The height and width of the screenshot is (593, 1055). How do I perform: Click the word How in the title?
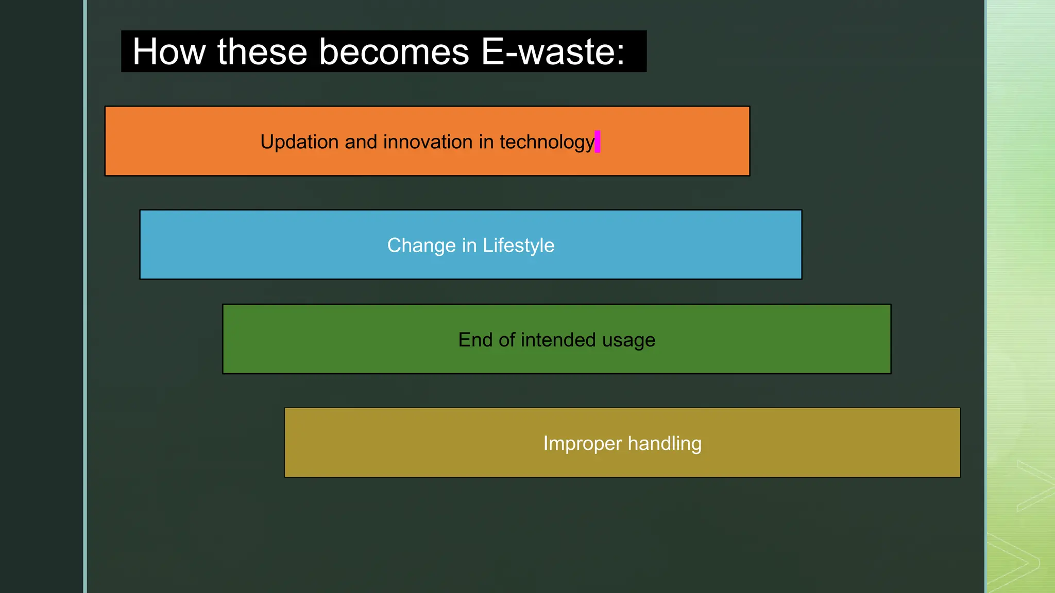(x=169, y=51)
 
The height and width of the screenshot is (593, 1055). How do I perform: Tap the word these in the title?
(x=262, y=51)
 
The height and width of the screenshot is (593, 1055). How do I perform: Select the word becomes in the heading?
(x=394, y=51)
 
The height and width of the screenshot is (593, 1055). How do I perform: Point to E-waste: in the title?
(x=553, y=51)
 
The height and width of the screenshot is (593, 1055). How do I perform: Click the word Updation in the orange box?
(x=299, y=142)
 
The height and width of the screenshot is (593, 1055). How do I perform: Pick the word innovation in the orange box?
(x=428, y=142)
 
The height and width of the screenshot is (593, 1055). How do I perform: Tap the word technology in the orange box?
(x=547, y=142)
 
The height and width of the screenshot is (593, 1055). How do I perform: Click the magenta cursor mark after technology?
(x=598, y=142)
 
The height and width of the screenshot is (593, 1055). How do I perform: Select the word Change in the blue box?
(x=421, y=246)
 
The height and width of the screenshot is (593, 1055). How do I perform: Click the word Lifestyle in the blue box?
(x=518, y=246)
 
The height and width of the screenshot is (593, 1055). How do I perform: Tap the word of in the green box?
(x=507, y=340)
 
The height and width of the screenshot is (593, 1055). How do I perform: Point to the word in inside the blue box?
(x=469, y=246)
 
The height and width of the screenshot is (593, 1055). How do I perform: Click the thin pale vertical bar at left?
(x=85, y=296)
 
